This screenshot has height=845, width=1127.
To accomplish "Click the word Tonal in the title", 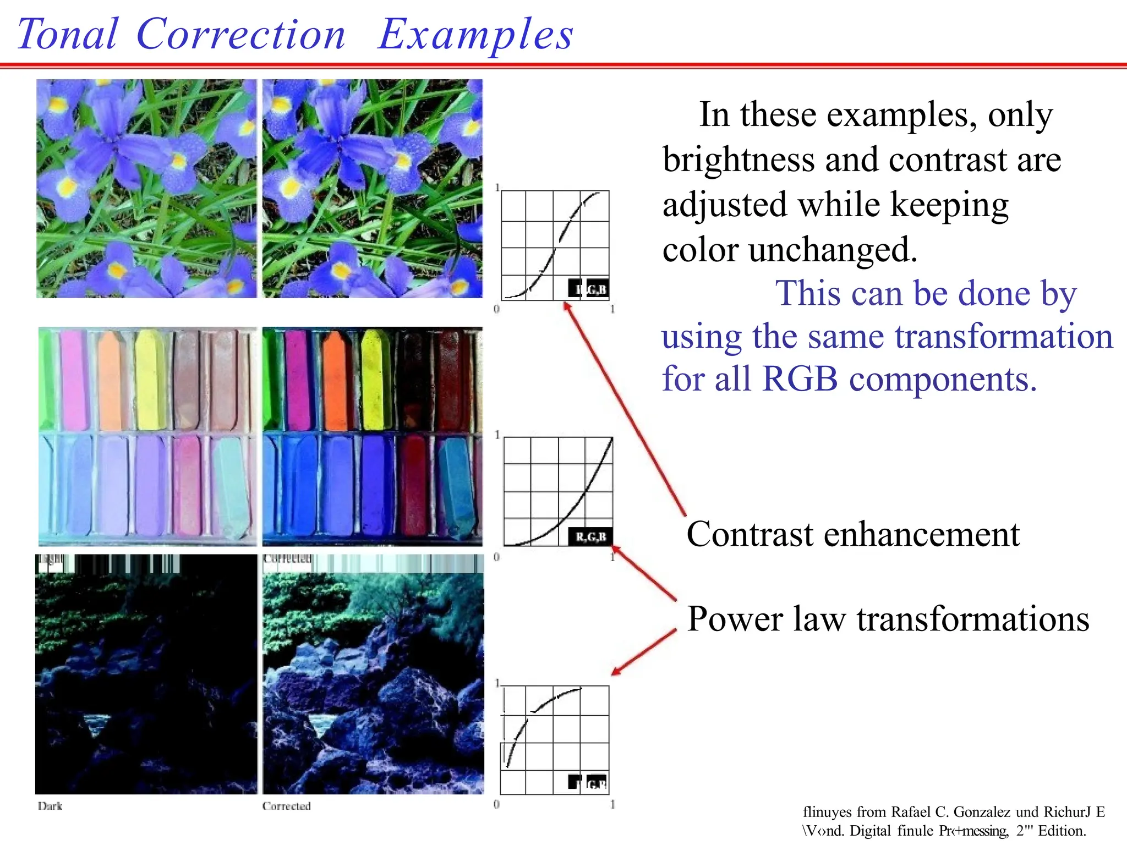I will pyautogui.click(x=67, y=34).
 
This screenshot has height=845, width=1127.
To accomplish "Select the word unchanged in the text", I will pyautogui.click(x=833, y=250).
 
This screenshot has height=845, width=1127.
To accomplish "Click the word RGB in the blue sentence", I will pyautogui.click(x=800, y=380).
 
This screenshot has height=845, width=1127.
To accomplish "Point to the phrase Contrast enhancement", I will pyautogui.click(x=852, y=534).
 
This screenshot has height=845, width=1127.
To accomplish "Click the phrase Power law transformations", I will pyautogui.click(x=888, y=619).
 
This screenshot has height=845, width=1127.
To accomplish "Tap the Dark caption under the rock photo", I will pyautogui.click(x=50, y=806).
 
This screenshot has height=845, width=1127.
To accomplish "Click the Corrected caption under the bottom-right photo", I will pyautogui.click(x=286, y=806).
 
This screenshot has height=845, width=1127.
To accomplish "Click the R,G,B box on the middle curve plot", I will pyautogui.click(x=590, y=536).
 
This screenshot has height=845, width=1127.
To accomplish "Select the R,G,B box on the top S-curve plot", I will pyautogui.click(x=589, y=289).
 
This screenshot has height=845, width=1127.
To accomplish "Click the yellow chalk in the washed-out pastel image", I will pyautogui.click(x=147, y=380).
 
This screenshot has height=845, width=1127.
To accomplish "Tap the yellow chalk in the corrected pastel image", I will pyautogui.click(x=374, y=380).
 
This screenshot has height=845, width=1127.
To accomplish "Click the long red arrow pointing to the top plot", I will pyautogui.click(x=625, y=410).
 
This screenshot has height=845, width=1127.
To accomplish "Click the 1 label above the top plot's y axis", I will pyautogui.click(x=497, y=188).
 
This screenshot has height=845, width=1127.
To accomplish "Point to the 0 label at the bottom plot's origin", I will pyautogui.click(x=496, y=804).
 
